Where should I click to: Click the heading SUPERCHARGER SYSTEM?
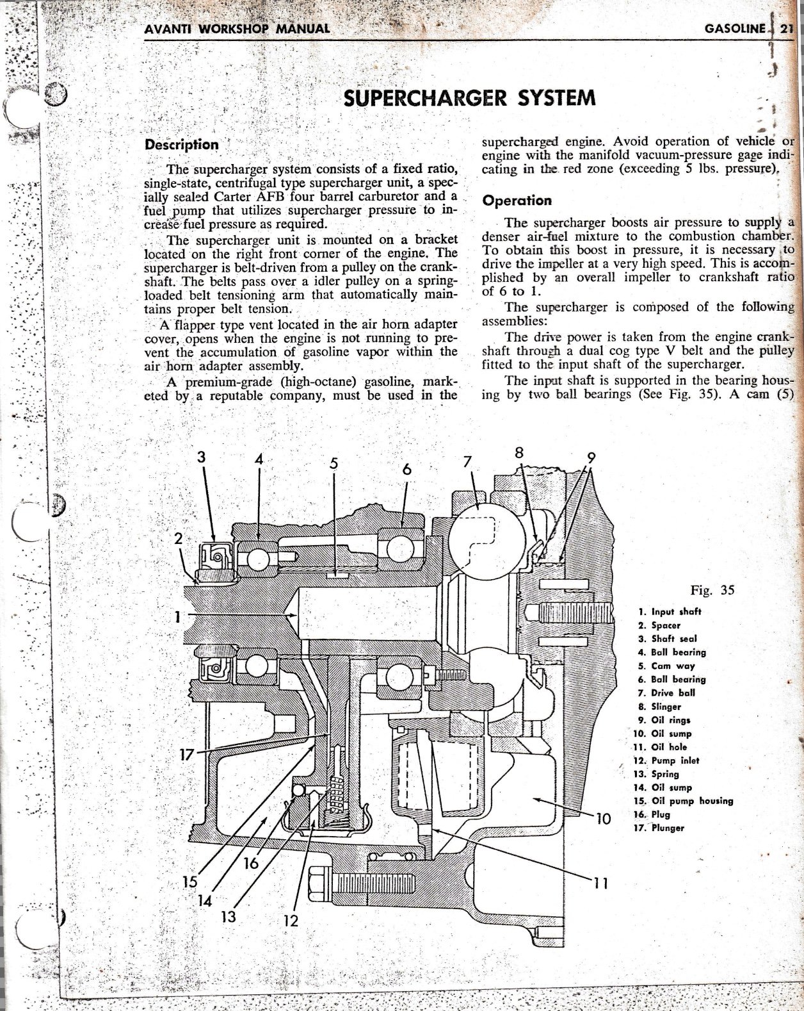[469, 99]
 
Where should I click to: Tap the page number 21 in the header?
[786, 29]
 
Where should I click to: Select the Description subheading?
[182, 145]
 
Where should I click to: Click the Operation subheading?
[517, 201]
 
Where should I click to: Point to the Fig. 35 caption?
[712, 590]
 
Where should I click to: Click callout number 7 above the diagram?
[467, 462]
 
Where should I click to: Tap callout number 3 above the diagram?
[202, 457]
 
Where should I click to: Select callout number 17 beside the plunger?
[186, 755]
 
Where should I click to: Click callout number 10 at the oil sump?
[604, 819]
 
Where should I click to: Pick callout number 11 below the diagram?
[601, 884]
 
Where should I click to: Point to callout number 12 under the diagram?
[291, 920]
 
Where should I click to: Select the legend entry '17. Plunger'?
[659, 828]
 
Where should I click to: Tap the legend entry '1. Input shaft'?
[670, 612]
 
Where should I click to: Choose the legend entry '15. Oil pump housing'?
[683, 801]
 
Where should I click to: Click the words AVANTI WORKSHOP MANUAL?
[237, 29]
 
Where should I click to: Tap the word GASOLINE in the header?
[734, 29]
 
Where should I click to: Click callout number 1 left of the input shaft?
[177, 616]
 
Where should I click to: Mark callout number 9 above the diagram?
[591, 457]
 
